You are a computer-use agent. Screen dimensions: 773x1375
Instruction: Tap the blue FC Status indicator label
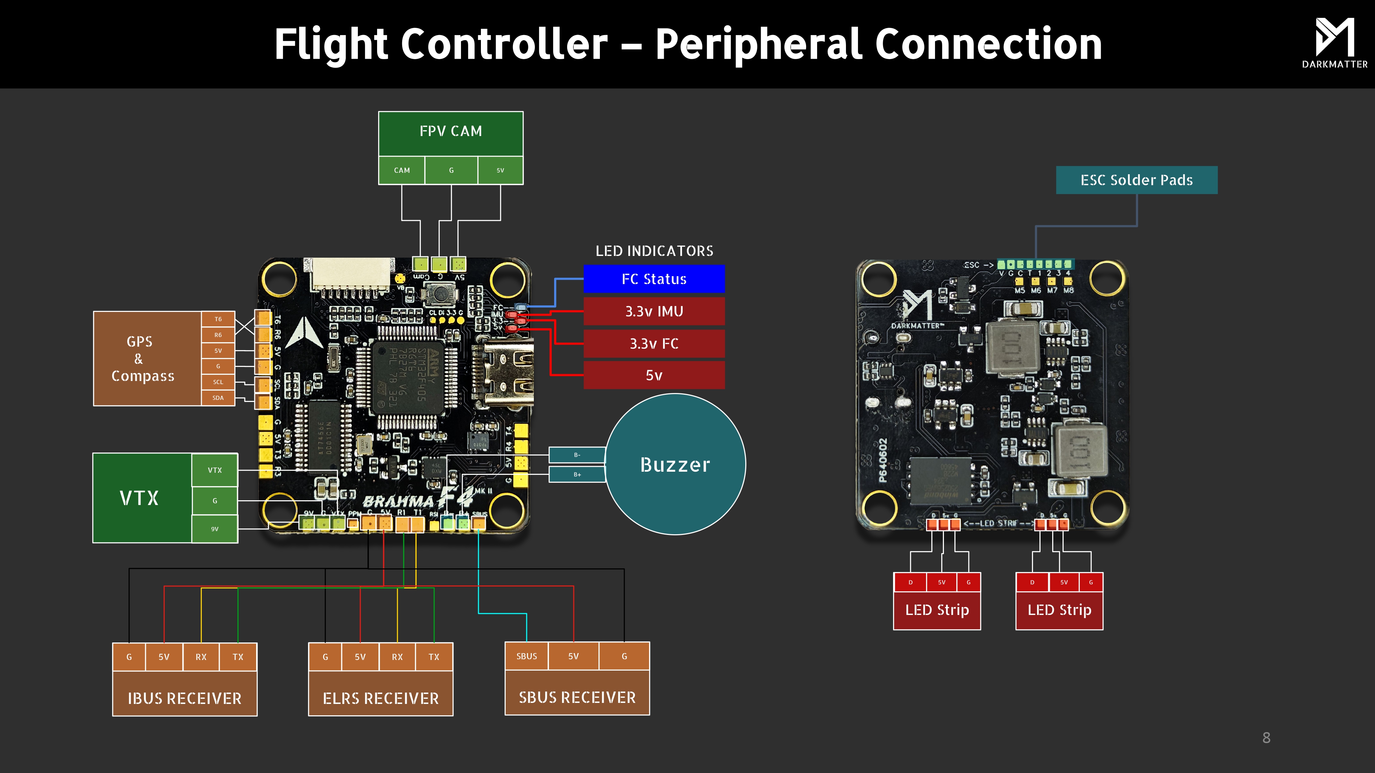pyautogui.click(x=654, y=279)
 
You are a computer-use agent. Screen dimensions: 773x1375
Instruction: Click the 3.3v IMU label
pyautogui.click(x=654, y=312)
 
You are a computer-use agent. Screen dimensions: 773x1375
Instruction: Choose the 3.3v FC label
pyautogui.click(x=654, y=344)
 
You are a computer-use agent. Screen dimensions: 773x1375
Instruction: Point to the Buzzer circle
pyautogui.click(x=675, y=464)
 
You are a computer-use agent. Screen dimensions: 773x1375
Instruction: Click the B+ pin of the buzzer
pyautogui.click(x=577, y=474)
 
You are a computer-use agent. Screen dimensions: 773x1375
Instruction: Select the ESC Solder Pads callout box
pyautogui.click(x=1136, y=180)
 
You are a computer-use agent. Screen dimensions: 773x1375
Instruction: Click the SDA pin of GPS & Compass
pyautogui.click(x=218, y=398)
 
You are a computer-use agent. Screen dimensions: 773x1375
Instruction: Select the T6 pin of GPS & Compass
pyautogui.click(x=218, y=319)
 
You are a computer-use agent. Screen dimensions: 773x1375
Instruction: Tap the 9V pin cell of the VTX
pyautogui.click(x=214, y=529)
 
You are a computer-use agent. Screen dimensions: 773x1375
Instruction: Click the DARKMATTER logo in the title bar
pyautogui.click(x=1334, y=43)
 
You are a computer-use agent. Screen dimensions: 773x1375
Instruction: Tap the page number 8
pyautogui.click(x=1266, y=738)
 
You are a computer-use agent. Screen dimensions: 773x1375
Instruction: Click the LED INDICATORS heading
pyautogui.click(x=654, y=251)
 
